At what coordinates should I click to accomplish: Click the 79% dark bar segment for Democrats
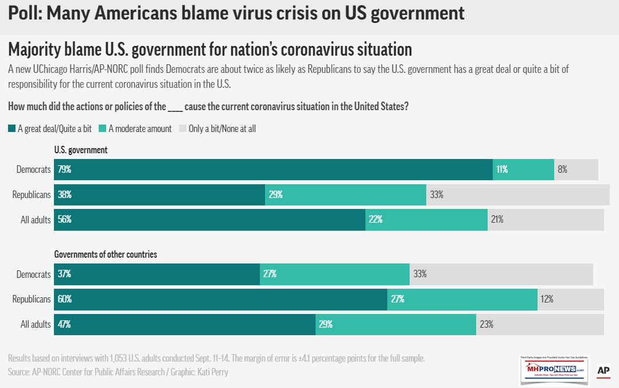pos(273,169)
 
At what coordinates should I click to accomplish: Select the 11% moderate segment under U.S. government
pos(523,169)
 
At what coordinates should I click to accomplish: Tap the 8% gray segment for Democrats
pos(576,169)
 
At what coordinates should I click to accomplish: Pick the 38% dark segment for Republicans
pos(159,195)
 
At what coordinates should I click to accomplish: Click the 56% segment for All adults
pos(209,219)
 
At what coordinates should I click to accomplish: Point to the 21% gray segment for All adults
pos(546,219)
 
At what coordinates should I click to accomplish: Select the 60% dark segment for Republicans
pos(220,299)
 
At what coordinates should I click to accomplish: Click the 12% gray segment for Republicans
pos(570,299)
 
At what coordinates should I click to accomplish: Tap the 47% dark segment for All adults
pos(184,324)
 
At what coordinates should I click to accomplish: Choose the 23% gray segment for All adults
pos(540,324)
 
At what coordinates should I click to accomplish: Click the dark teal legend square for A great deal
pos(12,129)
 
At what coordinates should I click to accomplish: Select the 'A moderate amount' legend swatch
pos(103,129)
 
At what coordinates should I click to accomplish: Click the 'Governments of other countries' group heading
pos(106,254)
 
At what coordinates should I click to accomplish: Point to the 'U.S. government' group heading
pos(81,150)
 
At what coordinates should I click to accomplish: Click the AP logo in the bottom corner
pos(603,371)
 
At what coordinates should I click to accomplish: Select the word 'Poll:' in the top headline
pos(25,13)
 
